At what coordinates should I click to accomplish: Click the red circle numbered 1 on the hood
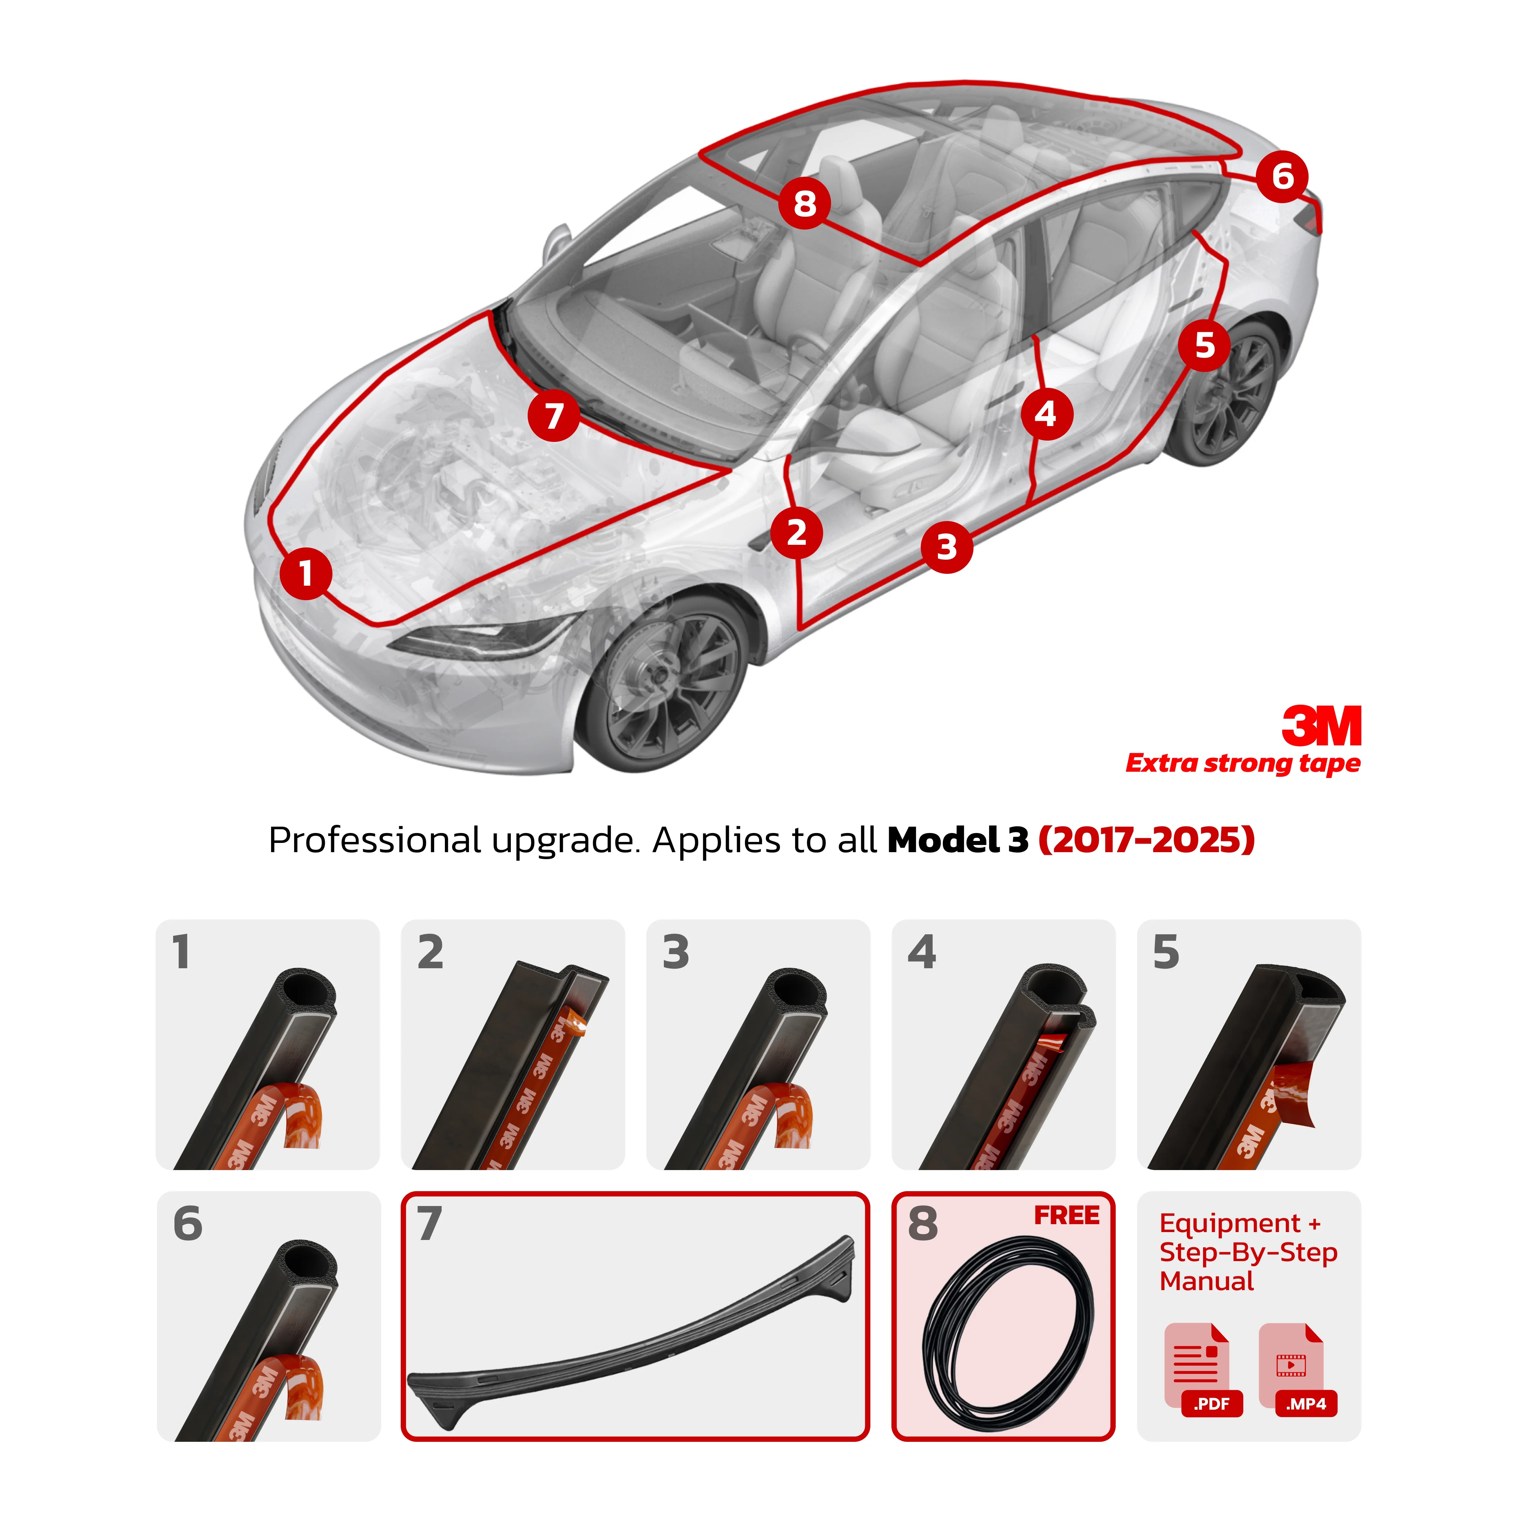pyautogui.click(x=305, y=574)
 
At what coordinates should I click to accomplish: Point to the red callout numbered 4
pyautogui.click(x=1047, y=414)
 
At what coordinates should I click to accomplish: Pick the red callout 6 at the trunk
pyautogui.click(x=1282, y=177)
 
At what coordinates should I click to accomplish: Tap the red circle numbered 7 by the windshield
pyautogui.click(x=554, y=416)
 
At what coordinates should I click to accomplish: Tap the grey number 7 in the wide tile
pyautogui.click(x=429, y=1223)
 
